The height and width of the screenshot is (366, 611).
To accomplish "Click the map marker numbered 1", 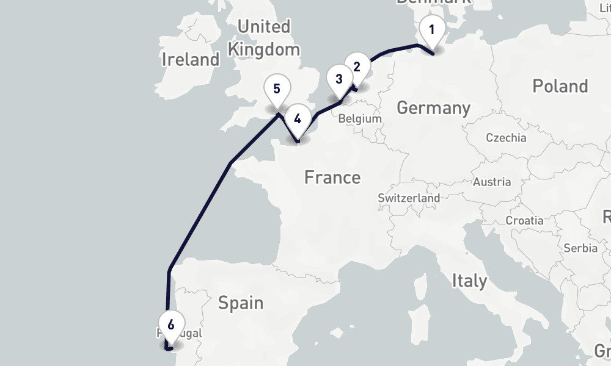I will coord(432,30).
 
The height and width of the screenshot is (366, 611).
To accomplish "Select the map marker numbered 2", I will coord(357,66).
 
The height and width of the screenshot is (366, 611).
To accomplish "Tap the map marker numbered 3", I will coord(339,79).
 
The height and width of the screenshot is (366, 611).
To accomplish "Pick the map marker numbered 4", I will coord(298,119).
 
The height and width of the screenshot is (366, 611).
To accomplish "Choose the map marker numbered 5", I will coord(277,90).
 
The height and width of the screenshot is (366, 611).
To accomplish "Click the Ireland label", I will coord(191,60).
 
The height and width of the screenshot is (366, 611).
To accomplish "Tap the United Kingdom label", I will coord(264,38).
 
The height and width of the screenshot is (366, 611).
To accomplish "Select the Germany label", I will coord(433,108).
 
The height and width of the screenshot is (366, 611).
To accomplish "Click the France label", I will coord(332,178).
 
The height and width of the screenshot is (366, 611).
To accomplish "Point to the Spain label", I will coord(241,303).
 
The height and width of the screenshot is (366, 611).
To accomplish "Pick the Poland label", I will coord(560,86).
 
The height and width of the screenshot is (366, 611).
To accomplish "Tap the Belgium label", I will coord(359,119).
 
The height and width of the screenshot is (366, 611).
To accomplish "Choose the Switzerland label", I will coord(409,198).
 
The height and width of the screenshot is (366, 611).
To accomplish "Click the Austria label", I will coord(492,182).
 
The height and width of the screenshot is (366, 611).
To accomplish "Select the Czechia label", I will coord(506,138).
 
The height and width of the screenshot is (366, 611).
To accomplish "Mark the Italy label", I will coord(469,281).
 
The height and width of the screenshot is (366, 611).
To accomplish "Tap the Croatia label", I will coord(524,221).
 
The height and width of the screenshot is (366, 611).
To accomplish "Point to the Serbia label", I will coord(580,248).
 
